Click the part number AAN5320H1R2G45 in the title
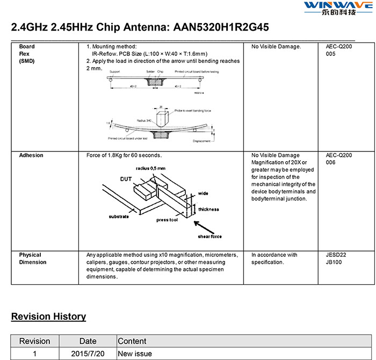coord(221,27)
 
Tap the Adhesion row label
coord(31,155)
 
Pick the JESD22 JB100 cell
coord(336,258)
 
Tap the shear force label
coord(209,236)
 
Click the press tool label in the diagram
coord(167,220)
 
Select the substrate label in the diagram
coord(119,216)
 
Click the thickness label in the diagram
coord(208,209)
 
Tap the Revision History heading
coord(48,316)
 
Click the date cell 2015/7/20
coord(88,354)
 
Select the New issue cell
coord(135,354)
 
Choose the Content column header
coord(132,341)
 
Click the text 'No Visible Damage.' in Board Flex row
coord(276,47)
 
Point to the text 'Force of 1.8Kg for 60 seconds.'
coord(124,155)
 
